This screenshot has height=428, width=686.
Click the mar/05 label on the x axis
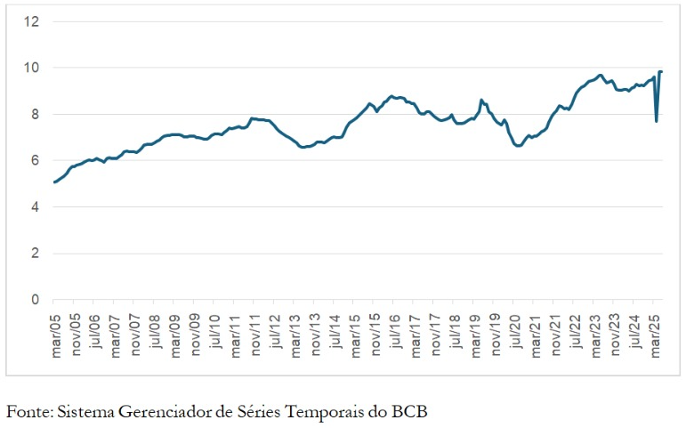[x=54, y=331]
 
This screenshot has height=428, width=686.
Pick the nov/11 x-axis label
[x=254, y=331]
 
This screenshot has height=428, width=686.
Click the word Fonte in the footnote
[x=26, y=411]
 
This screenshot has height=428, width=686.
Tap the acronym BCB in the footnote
[x=413, y=411]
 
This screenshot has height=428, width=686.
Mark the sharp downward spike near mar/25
[x=657, y=121]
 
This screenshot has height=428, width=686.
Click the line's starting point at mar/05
[x=54, y=182]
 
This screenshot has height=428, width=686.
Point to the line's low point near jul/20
[x=519, y=145]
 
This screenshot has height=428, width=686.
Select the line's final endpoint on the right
[x=661, y=71]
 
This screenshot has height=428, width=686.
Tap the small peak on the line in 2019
[x=481, y=101]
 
